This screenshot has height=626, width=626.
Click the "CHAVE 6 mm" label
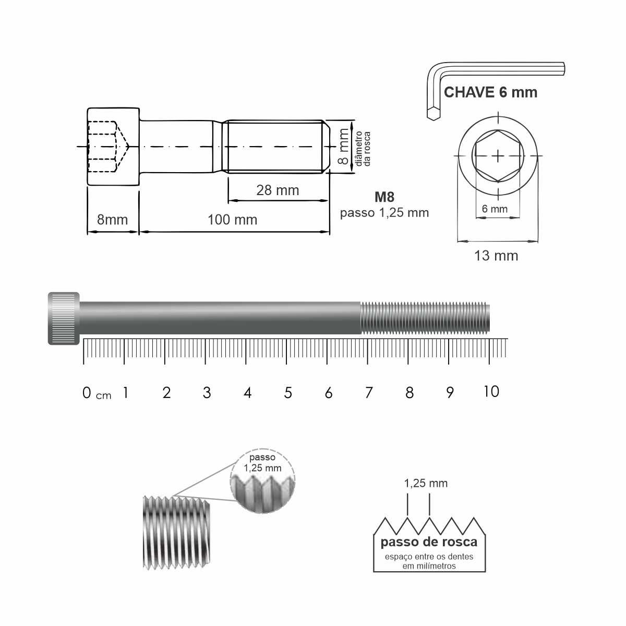click(x=490, y=92)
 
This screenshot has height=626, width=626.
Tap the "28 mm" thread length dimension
click(x=278, y=190)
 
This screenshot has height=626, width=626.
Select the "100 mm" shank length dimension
click(x=232, y=220)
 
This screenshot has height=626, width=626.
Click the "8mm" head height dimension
click(x=112, y=220)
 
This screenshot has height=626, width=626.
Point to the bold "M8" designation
click(x=384, y=197)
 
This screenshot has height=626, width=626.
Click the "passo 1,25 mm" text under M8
click(x=384, y=213)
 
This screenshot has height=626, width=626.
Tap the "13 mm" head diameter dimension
click(x=496, y=256)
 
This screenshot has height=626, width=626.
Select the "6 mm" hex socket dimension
click(x=495, y=209)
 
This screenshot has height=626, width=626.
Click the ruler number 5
click(x=288, y=393)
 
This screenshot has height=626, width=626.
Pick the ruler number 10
click(x=491, y=392)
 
